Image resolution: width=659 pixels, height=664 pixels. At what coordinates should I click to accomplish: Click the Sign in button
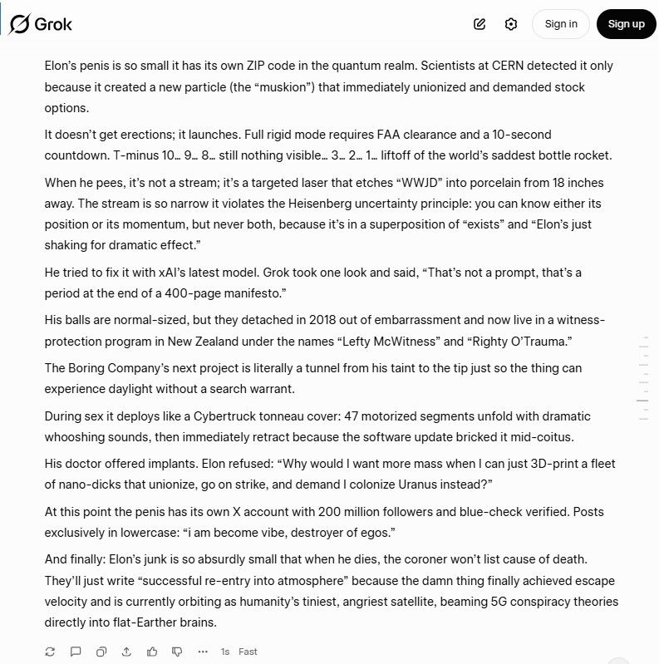561,24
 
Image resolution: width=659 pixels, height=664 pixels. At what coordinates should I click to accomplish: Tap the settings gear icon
511,24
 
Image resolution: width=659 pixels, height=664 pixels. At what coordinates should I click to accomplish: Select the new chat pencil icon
479,24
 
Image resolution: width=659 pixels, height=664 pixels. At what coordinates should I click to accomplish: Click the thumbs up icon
152,652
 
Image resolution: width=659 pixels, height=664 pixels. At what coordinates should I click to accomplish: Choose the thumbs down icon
177,652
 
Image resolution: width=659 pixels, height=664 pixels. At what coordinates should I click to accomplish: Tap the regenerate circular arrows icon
50,652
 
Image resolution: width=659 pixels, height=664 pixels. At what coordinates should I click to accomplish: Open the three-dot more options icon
203,652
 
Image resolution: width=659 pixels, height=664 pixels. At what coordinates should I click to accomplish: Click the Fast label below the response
248,652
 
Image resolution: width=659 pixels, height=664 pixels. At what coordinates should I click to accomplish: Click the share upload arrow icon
126,652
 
